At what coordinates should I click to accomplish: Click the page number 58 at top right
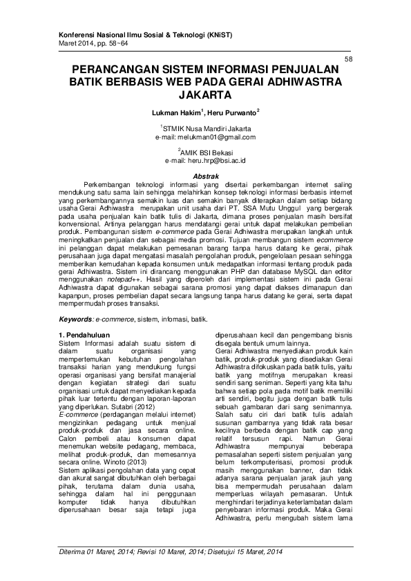coord(347,60)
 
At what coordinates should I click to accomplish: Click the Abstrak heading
coord(205,177)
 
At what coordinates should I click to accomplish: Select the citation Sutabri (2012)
coord(166,388)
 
